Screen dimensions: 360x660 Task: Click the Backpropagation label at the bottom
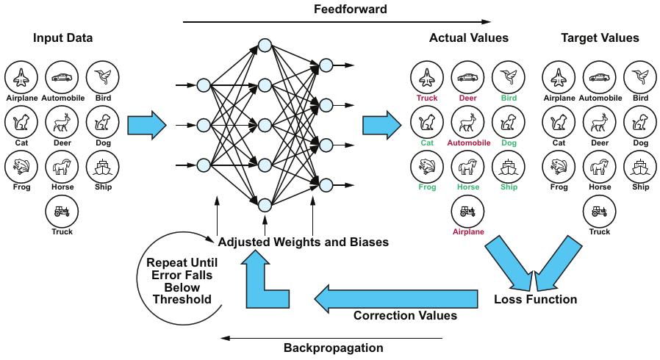point(333,348)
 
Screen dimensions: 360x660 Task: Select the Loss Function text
point(535,300)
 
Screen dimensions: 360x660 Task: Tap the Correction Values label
point(405,316)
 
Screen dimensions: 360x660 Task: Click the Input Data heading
point(63,37)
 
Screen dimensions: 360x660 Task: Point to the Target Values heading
point(600,37)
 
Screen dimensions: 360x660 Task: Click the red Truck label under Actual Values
point(426,98)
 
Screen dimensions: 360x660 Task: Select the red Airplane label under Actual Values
point(468,231)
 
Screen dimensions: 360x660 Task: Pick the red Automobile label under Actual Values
point(468,143)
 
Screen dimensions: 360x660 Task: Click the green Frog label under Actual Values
point(426,187)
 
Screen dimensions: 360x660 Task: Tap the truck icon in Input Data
point(62,212)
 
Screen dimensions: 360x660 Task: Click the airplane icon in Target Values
point(559,76)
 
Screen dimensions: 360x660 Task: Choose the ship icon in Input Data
point(103,167)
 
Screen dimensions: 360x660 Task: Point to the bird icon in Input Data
point(103,76)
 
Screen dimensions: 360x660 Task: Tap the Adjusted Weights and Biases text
point(304,242)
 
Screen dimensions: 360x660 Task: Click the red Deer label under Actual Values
point(468,98)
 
